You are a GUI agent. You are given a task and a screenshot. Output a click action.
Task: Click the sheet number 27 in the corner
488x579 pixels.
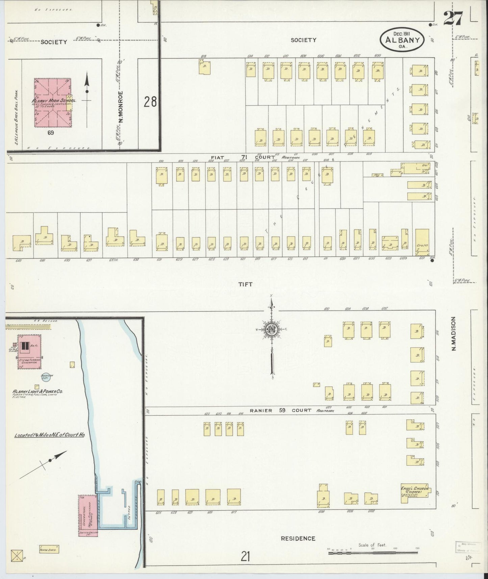click(x=453, y=18)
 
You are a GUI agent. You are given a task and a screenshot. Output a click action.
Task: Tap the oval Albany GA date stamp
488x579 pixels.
click(x=402, y=40)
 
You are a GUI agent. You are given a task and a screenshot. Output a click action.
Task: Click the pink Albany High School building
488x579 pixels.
click(x=53, y=103)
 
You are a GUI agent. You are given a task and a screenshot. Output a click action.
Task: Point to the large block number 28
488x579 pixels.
click(x=150, y=102)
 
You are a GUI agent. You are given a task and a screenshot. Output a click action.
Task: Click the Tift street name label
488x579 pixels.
click(x=246, y=284)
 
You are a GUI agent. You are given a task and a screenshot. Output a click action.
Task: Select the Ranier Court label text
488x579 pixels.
click(x=280, y=410)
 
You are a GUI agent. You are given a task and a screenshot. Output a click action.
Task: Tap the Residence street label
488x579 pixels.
click(x=298, y=538)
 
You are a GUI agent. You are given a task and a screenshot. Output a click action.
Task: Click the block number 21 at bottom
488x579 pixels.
click(x=246, y=556)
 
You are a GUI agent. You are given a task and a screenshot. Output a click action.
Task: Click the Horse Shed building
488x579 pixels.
click(x=49, y=549)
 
